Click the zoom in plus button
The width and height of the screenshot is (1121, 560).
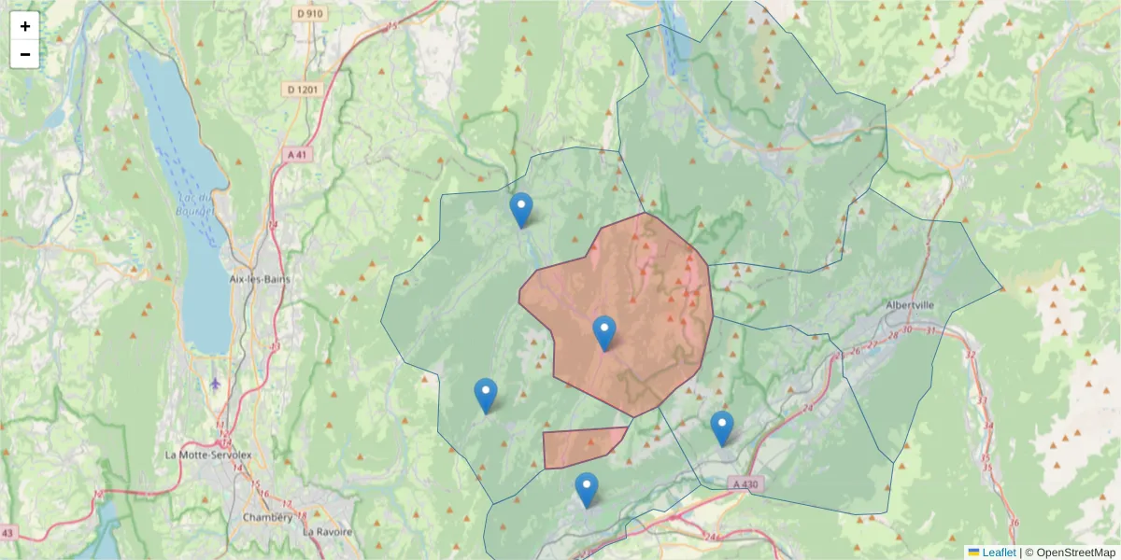click(x=25, y=26)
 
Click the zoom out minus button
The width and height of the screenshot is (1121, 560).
click(x=25, y=54)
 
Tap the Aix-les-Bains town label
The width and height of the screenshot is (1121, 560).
click(x=259, y=279)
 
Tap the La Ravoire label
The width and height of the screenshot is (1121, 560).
click(x=327, y=532)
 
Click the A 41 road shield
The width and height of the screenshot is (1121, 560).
click(x=297, y=154)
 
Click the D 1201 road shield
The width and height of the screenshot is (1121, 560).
click(x=304, y=90)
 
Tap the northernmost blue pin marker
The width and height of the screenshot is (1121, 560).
click(x=521, y=210)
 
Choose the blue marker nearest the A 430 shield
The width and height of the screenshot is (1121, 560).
click(x=721, y=428)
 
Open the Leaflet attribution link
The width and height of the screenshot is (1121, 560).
click(x=998, y=553)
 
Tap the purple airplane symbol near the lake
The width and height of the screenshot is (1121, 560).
click(x=217, y=384)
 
